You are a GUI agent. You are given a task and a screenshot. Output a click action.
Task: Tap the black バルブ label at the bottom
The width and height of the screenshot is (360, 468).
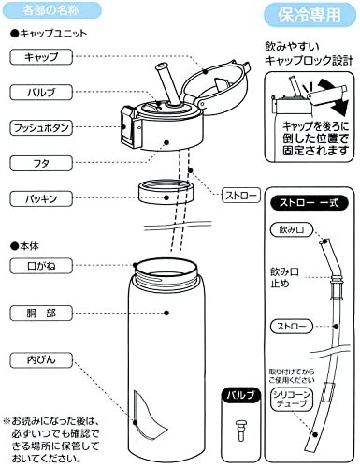(237, 397)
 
